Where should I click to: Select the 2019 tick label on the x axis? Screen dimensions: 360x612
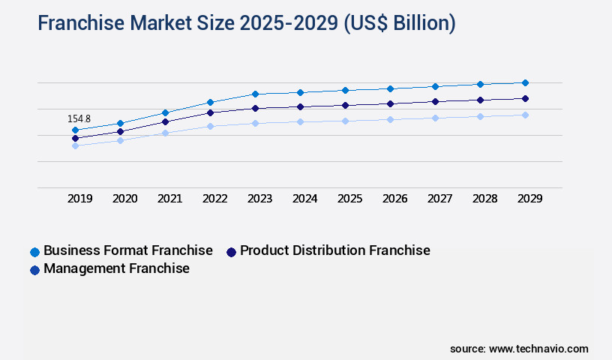click(80, 199)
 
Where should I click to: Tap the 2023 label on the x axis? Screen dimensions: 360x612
click(260, 199)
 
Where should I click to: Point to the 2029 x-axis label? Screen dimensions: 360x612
click(529, 199)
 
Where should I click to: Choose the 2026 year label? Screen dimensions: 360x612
click(395, 199)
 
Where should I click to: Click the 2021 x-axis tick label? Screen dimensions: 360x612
click(170, 199)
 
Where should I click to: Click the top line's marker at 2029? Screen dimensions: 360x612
click(525, 82)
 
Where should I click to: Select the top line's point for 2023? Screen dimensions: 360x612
click(255, 94)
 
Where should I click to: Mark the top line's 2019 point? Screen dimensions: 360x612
click(75, 130)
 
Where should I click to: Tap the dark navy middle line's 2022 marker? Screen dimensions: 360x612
click(210, 112)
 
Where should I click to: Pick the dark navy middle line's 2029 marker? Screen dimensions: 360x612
click(525, 98)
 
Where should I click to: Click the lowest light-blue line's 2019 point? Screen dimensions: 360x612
click(75, 145)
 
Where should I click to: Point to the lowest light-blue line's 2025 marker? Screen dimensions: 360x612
click(345, 120)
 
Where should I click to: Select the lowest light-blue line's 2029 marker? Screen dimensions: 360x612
click(525, 115)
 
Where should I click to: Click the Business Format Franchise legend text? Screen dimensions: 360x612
click(128, 250)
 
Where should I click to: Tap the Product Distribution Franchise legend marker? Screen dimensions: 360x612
click(231, 252)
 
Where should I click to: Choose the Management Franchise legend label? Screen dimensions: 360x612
click(116, 268)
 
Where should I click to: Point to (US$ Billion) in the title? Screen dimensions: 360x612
click(399, 23)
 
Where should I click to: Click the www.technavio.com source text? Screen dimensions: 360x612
click(538, 349)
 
